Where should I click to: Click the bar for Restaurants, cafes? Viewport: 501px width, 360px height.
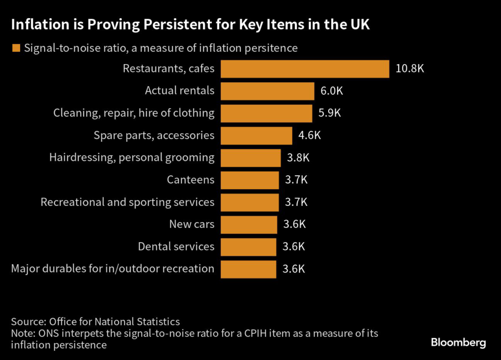[x=304, y=69]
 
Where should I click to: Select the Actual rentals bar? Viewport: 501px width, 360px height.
[x=267, y=91]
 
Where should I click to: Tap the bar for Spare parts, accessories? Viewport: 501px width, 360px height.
[x=256, y=135]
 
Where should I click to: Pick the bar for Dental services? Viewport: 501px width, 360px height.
[x=249, y=247]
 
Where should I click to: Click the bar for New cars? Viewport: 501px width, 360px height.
[x=249, y=225]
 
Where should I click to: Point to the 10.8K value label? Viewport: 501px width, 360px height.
[x=410, y=69]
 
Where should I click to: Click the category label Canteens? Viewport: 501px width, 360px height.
[x=190, y=180]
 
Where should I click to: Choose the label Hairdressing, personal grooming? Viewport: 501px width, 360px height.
[x=132, y=157]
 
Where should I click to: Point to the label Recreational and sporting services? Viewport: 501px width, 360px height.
[x=127, y=202]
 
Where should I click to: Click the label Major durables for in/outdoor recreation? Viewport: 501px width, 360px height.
[x=113, y=269]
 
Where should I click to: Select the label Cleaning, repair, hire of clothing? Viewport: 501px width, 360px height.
[x=134, y=113]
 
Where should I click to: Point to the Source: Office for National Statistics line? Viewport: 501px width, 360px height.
[x=95, y=322]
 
